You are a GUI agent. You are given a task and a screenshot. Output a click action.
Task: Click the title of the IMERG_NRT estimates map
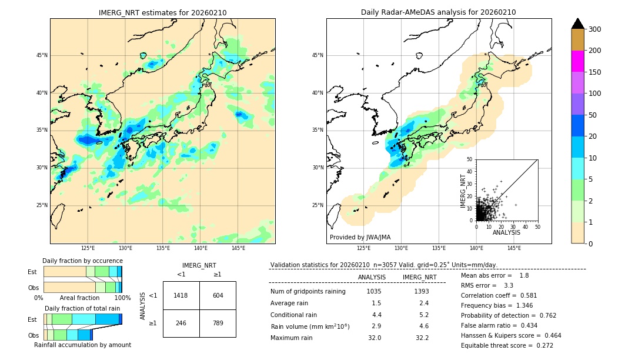[x=162, y=13]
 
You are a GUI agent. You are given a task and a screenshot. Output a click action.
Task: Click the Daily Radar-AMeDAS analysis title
[x=438, y=13]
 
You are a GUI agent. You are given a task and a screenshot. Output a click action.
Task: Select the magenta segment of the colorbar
[x=577, y=61]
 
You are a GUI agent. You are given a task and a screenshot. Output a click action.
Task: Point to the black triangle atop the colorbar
[x=577, y=24]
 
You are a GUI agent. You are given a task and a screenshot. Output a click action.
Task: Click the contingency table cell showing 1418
[x=181, y=295]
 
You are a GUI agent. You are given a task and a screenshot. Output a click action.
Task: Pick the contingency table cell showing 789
[x=218, y=323]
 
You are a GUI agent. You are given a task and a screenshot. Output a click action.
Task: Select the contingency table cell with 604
[x=218, y=295]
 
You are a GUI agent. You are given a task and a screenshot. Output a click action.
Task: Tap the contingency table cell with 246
[x=181, y=323]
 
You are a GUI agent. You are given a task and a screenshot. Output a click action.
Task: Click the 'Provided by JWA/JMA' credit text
[x=360, y=238]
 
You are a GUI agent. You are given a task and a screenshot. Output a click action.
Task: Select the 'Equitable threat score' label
[x=496, y=345]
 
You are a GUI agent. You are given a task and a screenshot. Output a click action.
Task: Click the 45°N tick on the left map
[x=41, y=55]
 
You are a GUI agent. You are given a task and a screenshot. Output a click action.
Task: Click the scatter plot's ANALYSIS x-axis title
[x=506, y=233]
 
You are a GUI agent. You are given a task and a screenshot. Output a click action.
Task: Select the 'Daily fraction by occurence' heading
[x=82, y=261]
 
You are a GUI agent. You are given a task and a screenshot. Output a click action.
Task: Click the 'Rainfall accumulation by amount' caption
[x=82, y=345]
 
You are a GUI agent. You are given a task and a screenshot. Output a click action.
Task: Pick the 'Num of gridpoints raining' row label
[x=308, y=292]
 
